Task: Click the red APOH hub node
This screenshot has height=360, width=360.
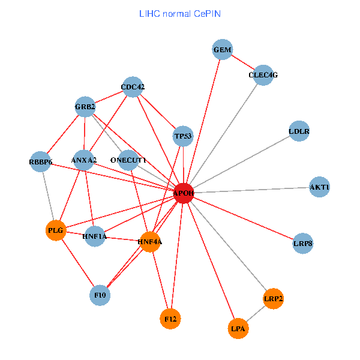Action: point(184,193)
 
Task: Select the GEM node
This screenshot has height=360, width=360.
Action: point(222,50)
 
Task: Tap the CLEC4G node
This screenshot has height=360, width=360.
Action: point(263,75)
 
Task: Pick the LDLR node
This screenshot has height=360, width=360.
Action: point(299,131)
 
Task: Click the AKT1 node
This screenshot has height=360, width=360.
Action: point(319,187)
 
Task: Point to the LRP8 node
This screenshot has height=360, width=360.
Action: point(303,244)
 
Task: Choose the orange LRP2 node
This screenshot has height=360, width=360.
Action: point(273,298)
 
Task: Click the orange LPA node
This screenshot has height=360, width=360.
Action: point(238,328)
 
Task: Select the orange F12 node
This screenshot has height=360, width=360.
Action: point(170,319)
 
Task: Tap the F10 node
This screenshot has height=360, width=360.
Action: point(100,295)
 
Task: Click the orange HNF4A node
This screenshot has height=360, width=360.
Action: point(150,242)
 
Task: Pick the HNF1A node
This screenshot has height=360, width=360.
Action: point(95,236)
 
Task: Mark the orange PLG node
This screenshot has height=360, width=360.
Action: point(55,230)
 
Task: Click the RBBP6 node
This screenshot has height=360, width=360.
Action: point(41,162)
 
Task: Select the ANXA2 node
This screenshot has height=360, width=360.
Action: point(84,160)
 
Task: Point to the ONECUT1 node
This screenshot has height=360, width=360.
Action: point(128,160)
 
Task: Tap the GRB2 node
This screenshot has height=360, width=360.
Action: point(85,107)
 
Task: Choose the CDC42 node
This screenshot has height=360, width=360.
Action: point(133,87)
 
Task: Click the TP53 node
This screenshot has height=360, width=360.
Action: point(183,136)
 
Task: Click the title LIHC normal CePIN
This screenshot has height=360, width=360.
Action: point(179,13)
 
